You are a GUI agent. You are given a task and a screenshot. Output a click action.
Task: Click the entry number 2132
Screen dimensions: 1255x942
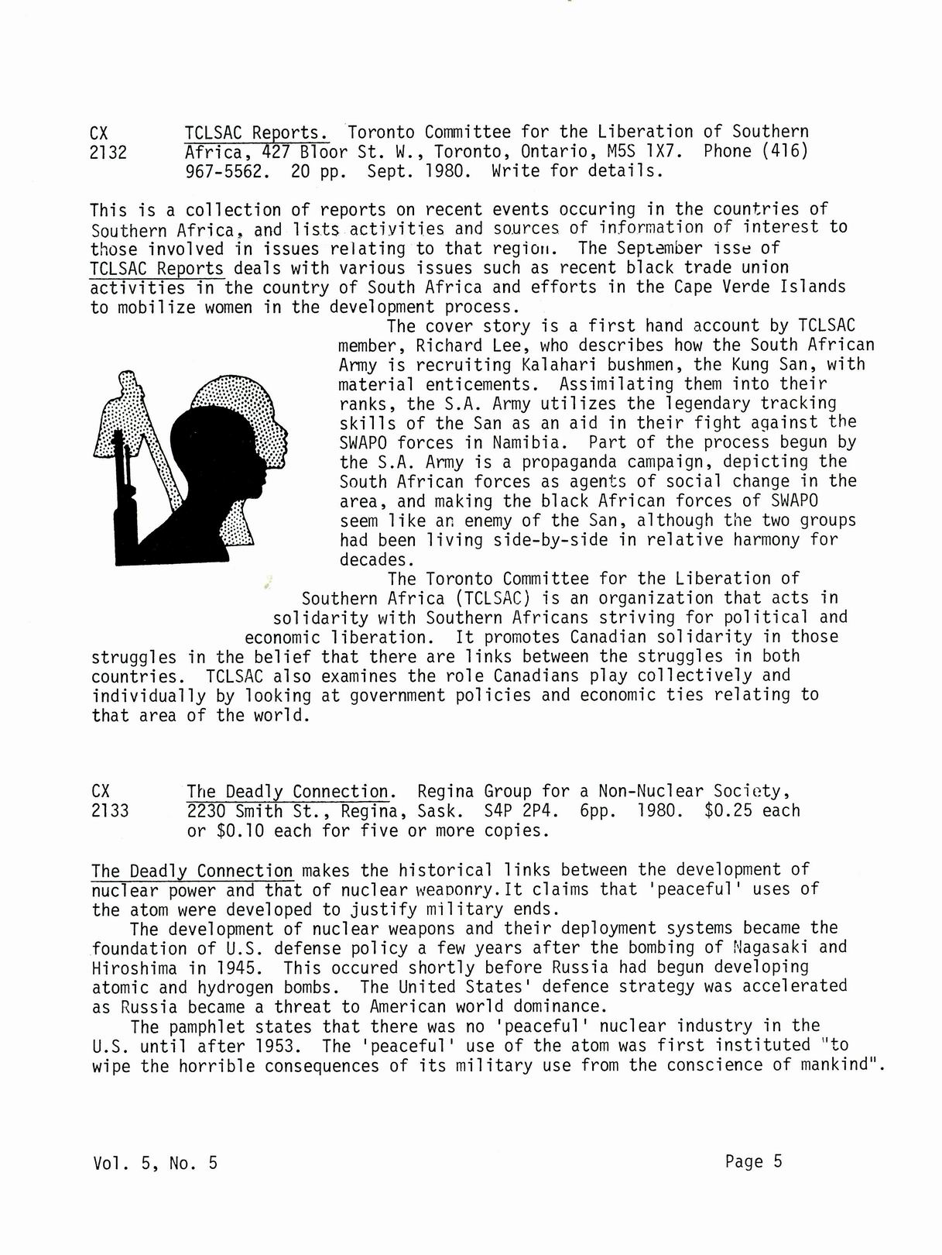[x=108, y=153]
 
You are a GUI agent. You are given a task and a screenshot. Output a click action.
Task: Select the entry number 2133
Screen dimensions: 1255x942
[x=109, y=812]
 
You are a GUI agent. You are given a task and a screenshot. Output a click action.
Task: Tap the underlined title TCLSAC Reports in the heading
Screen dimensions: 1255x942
[x=256, y=132]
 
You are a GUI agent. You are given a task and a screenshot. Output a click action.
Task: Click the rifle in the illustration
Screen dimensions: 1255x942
[x=122, y=496]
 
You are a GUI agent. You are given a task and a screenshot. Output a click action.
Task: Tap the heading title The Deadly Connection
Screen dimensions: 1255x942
[x=288, y=792]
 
